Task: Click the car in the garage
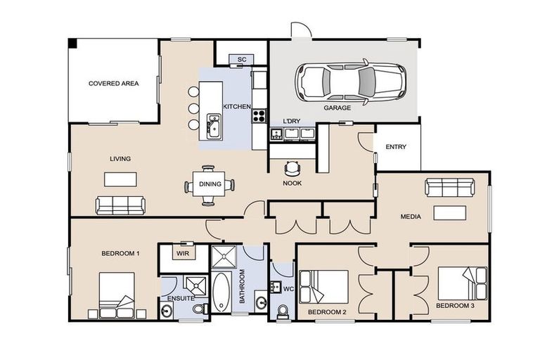[x=349, y=82]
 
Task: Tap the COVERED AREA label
[x=113, y=83]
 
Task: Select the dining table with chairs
[x=210, y=185]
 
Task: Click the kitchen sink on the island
[x=214, y=127]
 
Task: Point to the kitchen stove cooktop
[x=259, y=115]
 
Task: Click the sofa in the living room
[x=120, y=205]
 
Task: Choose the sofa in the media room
[x=449, y=187]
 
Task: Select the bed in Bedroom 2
[x=323, y=287]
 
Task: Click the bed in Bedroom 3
[x=462, y=283]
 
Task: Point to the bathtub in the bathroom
[x=221, y=292]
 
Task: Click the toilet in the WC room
[x=283, y=310]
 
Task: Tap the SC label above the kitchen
[x=240, y=59]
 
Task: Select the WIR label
[x=182, y=252]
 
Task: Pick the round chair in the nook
[x=292, y=168]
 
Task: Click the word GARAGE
[x=337, y=108]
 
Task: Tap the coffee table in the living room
[x=120, y=179]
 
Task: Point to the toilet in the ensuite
[x=198, y=309]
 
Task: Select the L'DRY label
[x=291, y=120]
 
